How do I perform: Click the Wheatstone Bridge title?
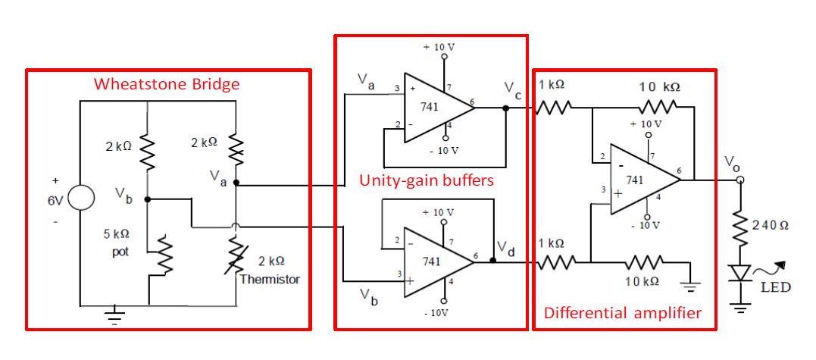[x=166, y=84]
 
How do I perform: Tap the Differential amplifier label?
[x=623, y=312]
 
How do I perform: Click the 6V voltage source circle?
[x=81, y=199]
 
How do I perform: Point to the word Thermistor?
[x=270, y=279]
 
